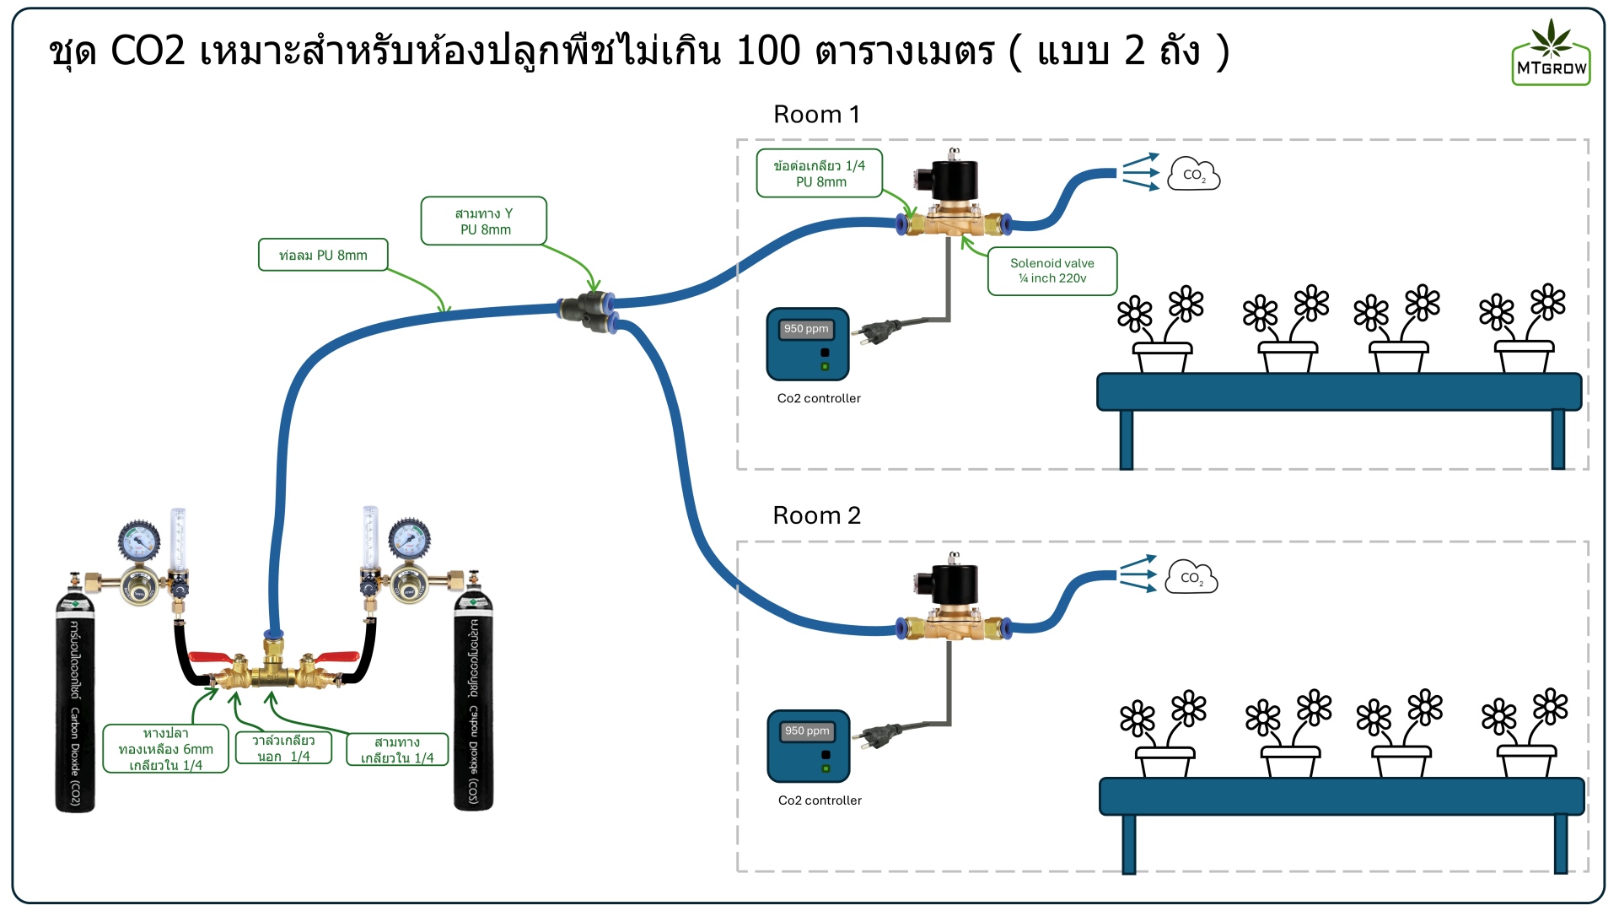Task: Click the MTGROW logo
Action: click(1551, 53)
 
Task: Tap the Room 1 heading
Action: click(816, 115)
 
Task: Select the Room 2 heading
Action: click(816, 515)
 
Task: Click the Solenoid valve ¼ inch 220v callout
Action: click(1052, 271)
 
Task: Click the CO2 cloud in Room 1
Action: click(1193, 175)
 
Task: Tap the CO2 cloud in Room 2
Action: click(1191, 578)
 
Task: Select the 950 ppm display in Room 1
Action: click(806, 329)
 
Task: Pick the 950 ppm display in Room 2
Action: click(807, 731)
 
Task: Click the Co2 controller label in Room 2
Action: click(820, 800)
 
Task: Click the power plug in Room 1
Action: click(876, 331)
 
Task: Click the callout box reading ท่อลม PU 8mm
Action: click(323, 255)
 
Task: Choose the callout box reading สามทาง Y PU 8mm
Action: click(484, 221)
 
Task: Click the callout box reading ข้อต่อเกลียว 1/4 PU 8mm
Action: click(820, 174)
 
